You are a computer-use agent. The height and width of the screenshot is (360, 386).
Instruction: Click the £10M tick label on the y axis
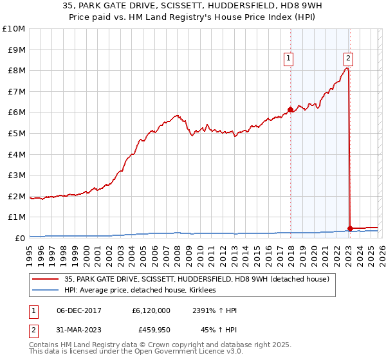click(x=13, y=29)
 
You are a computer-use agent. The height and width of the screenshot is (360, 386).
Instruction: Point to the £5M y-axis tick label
click(x=15, y=133)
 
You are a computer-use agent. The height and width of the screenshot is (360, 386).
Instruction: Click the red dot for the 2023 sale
click(x=350, y=228)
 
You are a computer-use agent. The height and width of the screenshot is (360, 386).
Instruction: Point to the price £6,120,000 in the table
click(x=151, y=310)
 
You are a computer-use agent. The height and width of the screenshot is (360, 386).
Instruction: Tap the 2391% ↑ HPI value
click(x=214, y=310)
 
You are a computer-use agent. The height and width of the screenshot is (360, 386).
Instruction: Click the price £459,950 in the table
click(x=151, y=331)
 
